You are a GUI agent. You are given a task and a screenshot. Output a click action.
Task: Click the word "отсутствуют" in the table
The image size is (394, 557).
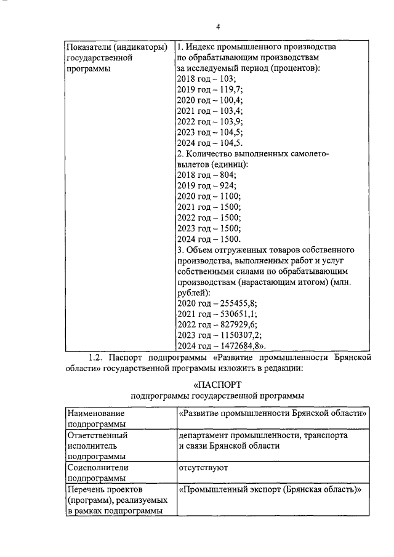pos(203,468)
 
